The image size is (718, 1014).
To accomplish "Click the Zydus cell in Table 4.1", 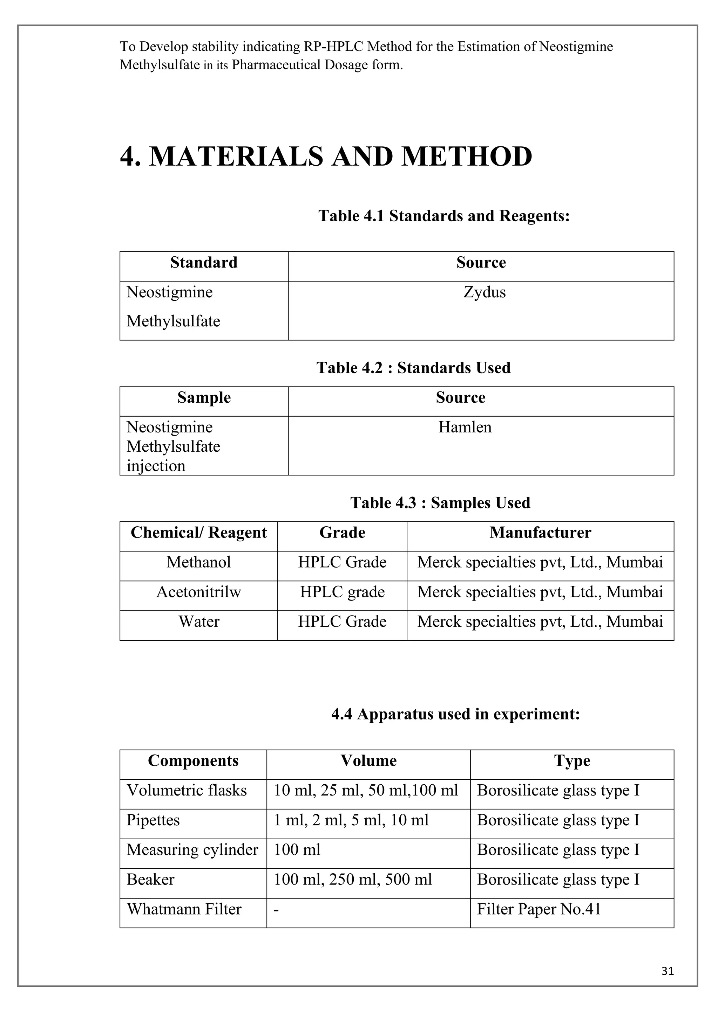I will pyautogui.click(x=484, y=292).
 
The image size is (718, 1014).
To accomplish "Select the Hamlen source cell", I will pyautogui.click(x=465, y=427).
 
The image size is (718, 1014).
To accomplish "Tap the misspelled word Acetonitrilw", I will pyautogui.click(x=198, y=592).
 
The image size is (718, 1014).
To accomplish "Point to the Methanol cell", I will pyautogui.click(x=198, y=562).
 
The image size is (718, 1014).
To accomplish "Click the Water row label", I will pyautogui.click(x=198, y=621).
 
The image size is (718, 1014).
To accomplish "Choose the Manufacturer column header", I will pyautogui.click(x=540, y=533).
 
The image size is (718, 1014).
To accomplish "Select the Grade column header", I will pyautogui.click(x=342, y=533).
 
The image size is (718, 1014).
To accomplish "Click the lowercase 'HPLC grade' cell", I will pyautogui.click(x=342, y=592).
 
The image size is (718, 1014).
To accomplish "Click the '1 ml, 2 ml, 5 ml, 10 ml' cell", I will pyautogui.click(x=351, y=820).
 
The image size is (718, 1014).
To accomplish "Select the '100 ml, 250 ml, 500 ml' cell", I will pyautogui.click(x=353, y=879).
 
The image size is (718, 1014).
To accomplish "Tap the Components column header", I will pyautogui.click(x=193, y=760).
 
